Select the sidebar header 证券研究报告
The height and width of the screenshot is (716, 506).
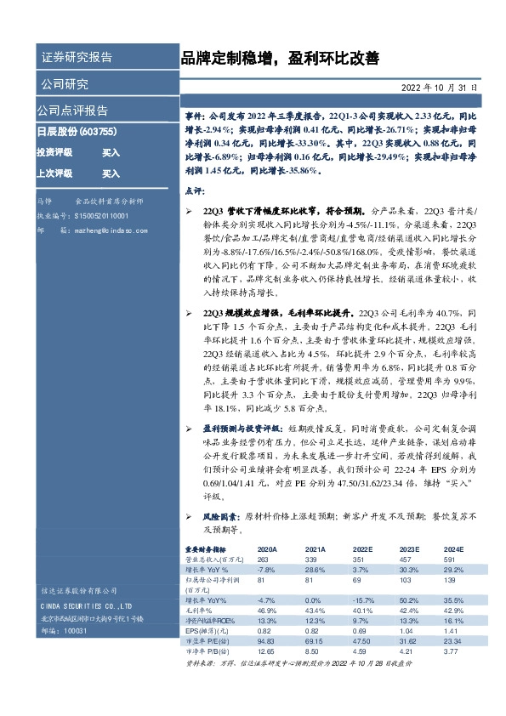pos(76,58)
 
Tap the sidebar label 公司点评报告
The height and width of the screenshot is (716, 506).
pos(71,111)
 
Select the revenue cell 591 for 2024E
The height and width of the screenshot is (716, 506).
pos(445,560)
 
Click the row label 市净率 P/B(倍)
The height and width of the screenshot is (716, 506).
pos(208,651)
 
